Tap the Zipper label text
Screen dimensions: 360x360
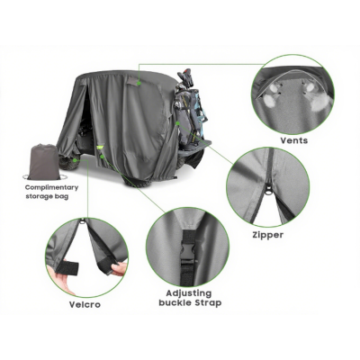[x=268, y=235]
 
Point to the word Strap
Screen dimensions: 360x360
[x=207, y=303]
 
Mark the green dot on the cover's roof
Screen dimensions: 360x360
[x=137, y=80]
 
